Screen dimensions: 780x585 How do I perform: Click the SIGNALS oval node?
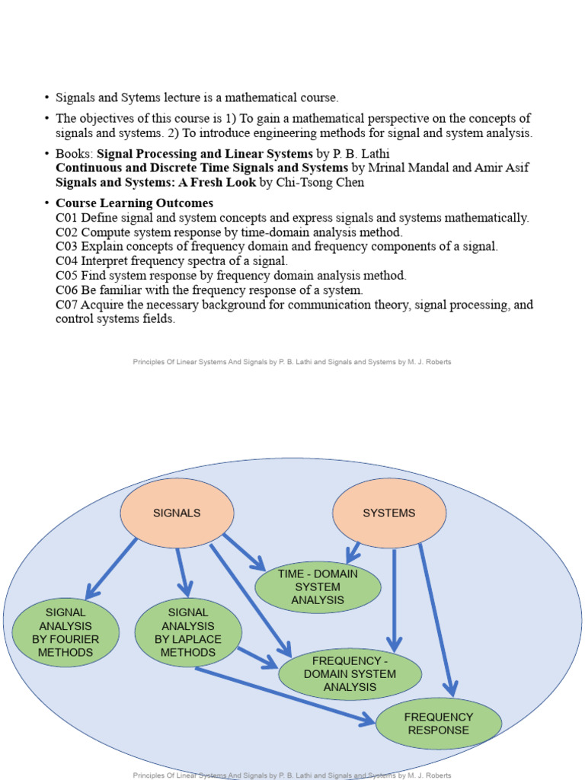(x=177, y=513)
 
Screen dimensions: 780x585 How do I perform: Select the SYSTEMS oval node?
(x=389, y=513)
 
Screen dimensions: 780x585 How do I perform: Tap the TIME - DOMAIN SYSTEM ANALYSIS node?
(x=318, y=587)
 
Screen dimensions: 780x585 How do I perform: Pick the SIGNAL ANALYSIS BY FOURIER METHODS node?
(x=66, y=632)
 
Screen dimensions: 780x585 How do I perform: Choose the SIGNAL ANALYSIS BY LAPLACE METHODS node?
(x=188, y=632)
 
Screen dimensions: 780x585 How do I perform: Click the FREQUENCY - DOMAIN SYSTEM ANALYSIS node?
(x=350, y=674)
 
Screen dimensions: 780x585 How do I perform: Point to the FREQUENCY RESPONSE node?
(x=439, y=724)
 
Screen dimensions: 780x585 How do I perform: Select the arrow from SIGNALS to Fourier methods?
(x=111, y=568)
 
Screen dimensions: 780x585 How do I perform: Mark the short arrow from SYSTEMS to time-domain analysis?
(x=352, y=552)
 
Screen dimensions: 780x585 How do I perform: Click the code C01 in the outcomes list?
(x=67, y=218)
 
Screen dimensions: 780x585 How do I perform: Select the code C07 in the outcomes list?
(x=67, y=305)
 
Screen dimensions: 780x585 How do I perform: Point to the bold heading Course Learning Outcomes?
(x=134, y=203)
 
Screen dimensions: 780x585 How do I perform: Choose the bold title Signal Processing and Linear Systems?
(x=205, y=153)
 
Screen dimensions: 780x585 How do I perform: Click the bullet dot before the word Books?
(x=46, y=153)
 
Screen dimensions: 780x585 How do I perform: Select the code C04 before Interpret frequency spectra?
(x=67, y=261)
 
